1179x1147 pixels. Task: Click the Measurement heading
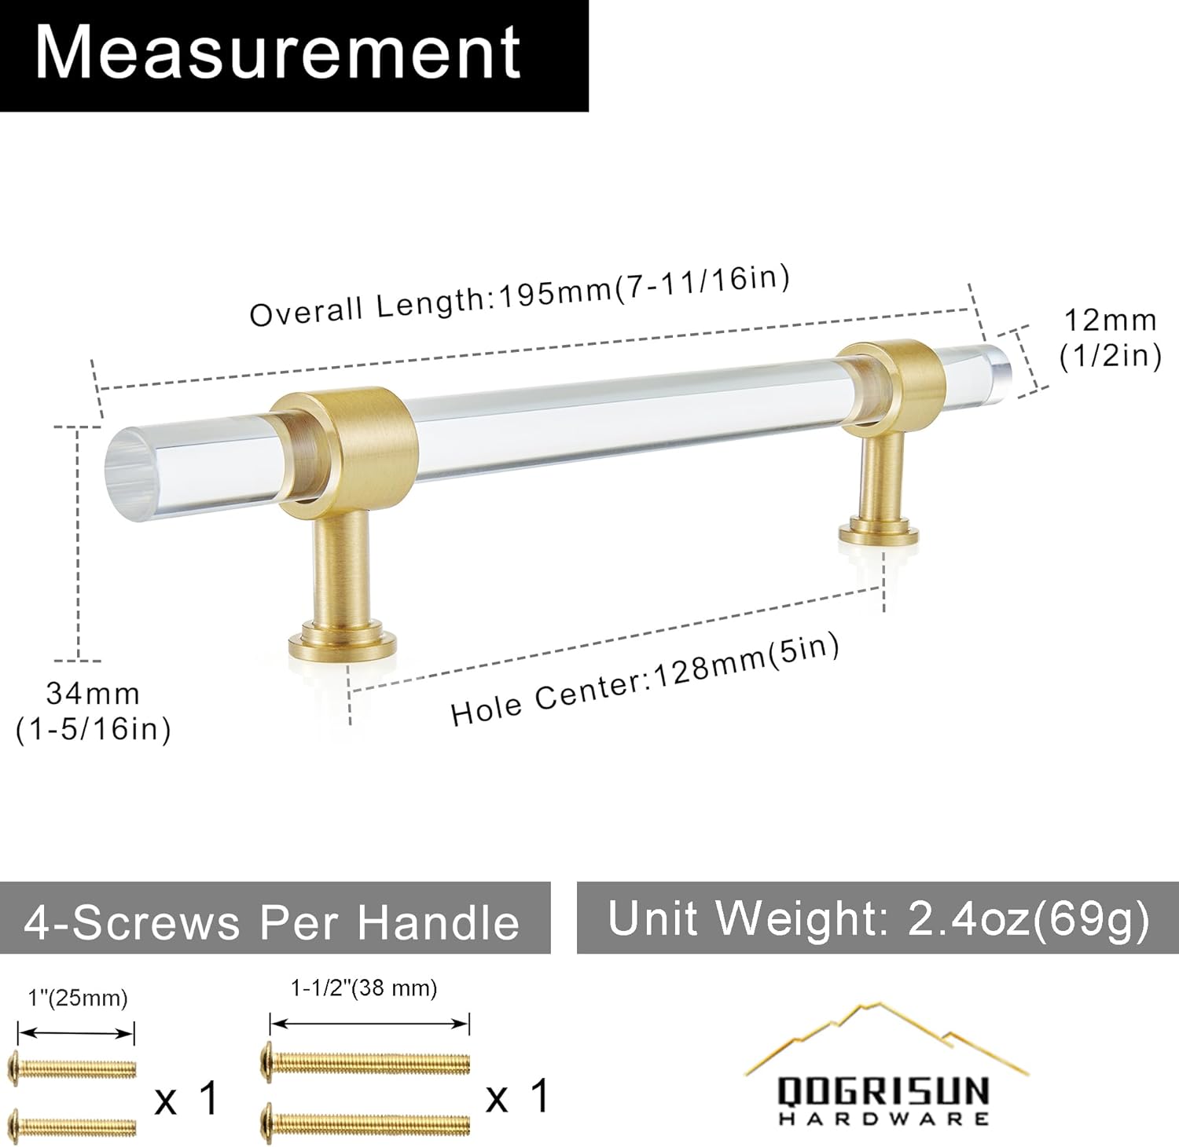277,53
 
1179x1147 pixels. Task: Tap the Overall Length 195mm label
519,297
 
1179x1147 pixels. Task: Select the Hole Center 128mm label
645,680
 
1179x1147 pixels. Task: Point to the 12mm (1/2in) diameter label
1110,339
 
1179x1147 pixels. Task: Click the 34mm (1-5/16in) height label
93,712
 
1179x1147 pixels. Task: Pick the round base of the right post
879,532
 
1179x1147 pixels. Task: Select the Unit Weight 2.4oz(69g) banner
877,918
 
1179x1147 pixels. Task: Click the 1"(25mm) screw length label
77,999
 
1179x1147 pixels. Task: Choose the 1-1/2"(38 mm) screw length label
364,988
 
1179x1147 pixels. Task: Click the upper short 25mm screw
72,1067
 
